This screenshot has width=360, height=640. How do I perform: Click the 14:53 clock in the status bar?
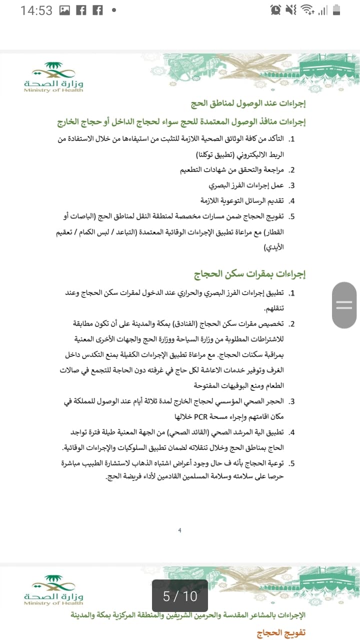pos(36,10)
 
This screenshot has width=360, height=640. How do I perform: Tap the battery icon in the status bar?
pos(336,10)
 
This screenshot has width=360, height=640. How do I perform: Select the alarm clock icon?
pos(275,10)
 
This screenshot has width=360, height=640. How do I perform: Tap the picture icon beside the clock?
pos(64,10)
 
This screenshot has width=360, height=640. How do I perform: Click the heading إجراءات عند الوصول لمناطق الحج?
pos(248,104)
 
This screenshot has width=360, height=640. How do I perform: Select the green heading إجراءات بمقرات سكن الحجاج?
pos(249,273)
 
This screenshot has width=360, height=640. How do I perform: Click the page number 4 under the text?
pos(179,530)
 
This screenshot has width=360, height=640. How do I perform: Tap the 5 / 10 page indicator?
pos(180,596)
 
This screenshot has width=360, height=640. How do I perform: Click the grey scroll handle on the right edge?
pos(344,305)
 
